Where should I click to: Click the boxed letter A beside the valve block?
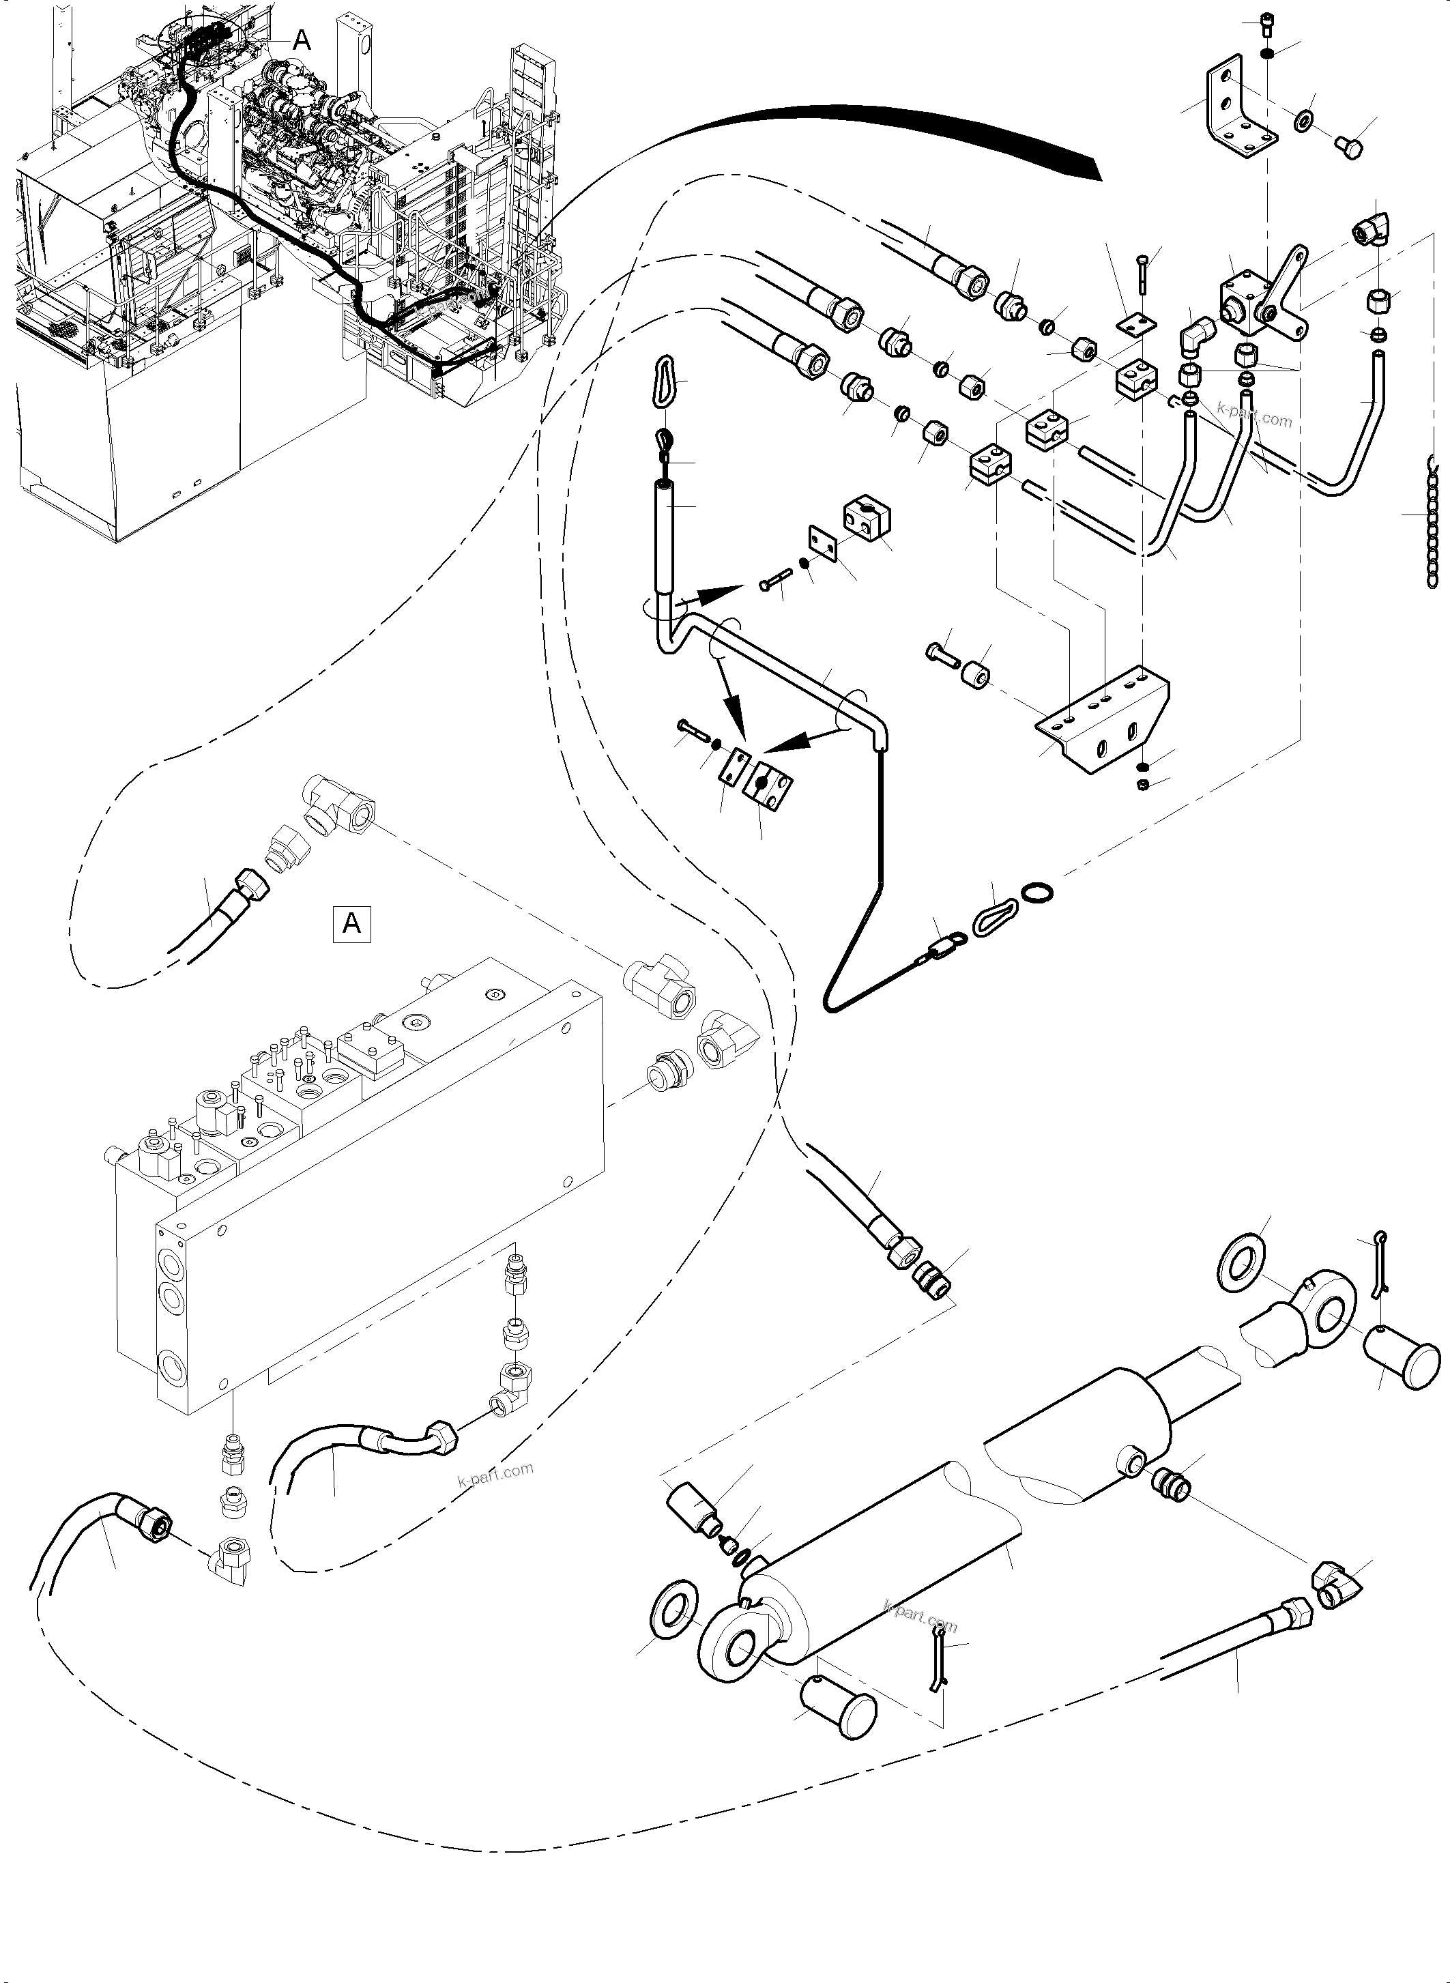351,923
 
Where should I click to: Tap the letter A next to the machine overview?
301,40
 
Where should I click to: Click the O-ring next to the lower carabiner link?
1037,893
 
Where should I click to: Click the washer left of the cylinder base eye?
673,1612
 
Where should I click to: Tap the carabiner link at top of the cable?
665,379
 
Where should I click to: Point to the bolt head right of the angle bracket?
1348,147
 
